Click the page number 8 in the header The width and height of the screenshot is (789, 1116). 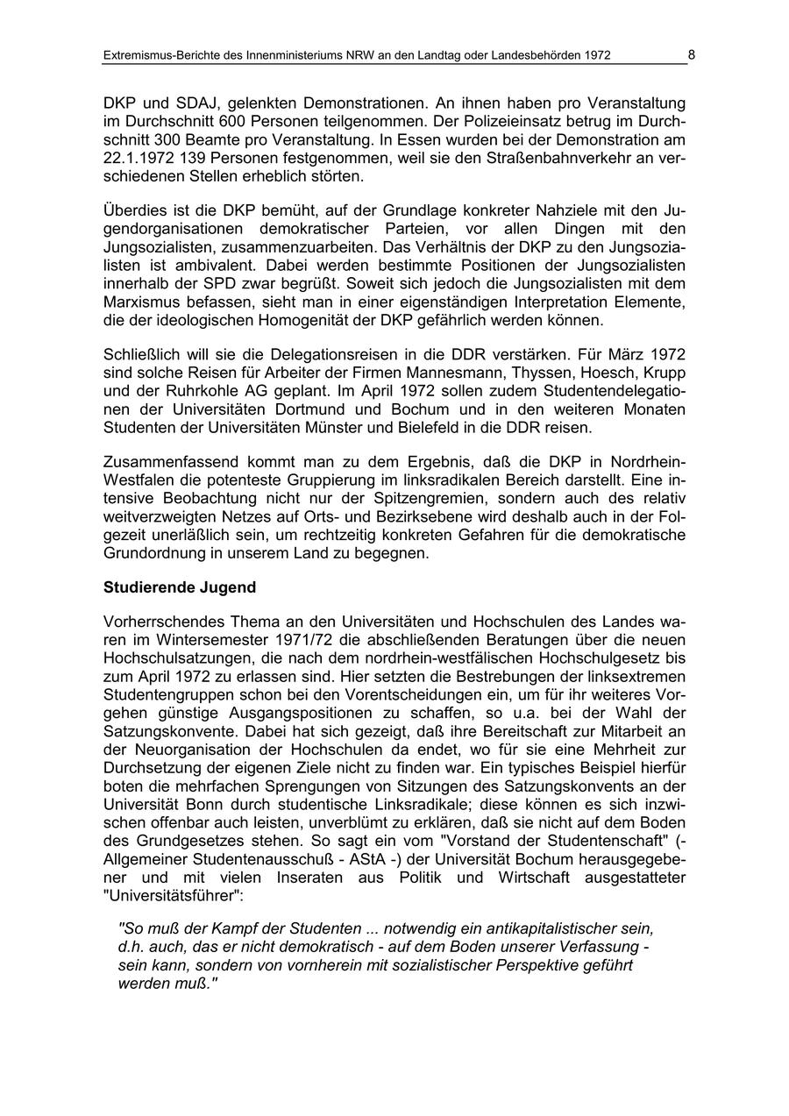coord(691,54)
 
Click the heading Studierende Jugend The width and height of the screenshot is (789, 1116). coord(180,586)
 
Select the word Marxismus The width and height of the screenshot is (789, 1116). coord(141,302)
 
